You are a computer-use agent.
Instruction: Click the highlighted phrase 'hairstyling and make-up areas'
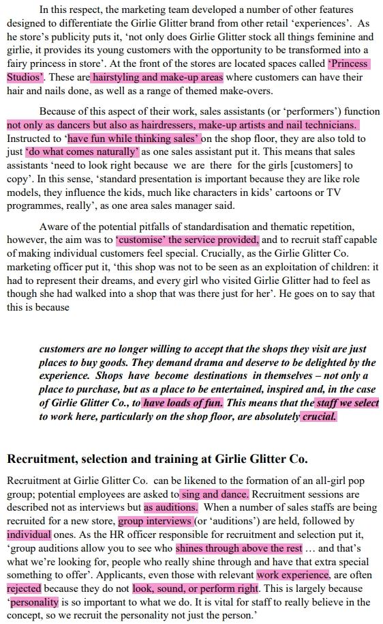click(157, 77)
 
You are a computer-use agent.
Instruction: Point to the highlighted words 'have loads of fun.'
click(183, 403)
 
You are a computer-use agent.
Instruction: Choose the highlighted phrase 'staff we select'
click(348, 403)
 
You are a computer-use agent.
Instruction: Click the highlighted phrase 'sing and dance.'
click(215, 494)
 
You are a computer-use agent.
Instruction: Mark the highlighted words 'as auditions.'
click(170, 507)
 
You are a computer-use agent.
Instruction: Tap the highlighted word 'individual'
click(29, 535)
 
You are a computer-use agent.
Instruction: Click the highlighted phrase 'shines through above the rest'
click(239, 548)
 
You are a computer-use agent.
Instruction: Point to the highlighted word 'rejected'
click(25, 588)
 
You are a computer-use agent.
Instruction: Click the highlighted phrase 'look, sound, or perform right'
click(196, 588)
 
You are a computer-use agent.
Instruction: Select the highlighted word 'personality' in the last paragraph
click(35, 602)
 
